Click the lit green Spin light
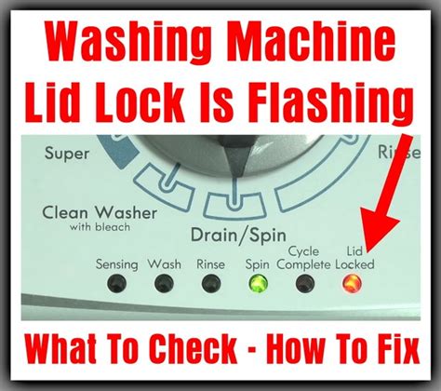258,282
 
